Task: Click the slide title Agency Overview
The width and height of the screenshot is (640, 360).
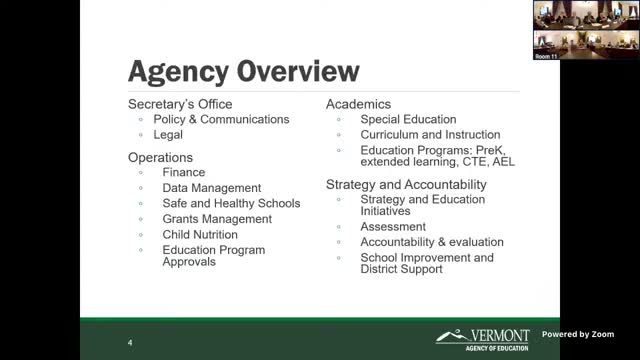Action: [x=243, y=72]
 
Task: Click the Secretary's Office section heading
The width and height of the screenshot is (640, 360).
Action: [x=180, y=104]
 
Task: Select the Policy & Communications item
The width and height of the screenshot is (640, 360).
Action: [x=221, y=119]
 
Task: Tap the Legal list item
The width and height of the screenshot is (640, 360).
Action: [x=168, y=134]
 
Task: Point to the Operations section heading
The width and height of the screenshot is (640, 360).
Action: [x=160, y=157]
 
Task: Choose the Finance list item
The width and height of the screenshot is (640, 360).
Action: [x=183, y=172]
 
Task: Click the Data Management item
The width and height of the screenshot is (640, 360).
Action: [x=212, y=188]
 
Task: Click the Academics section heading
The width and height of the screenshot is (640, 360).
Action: [x=358, y=104]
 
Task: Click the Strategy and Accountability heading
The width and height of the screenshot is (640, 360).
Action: [x=406, y=184]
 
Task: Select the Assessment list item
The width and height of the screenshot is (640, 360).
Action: [x=393, y=227]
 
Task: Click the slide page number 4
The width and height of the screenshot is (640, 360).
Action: [x=130, y=343]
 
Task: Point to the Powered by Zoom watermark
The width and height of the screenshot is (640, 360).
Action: [x=578, y=334]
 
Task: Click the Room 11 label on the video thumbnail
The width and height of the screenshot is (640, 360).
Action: [x=546, y=56]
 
